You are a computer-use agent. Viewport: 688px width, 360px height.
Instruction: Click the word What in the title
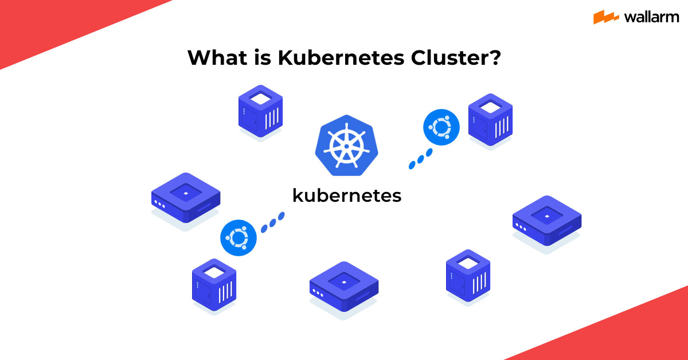coord(217,57)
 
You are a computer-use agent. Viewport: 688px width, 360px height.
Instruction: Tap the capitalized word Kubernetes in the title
coord(341,57)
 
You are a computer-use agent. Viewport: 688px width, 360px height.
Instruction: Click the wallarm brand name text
coord(651,17)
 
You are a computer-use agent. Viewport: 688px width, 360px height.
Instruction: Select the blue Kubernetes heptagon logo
coord(346,145)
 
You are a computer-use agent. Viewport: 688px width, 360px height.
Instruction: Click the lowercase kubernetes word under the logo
coord(347,195)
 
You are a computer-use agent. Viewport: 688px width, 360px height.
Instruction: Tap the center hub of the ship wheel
coord(346,146)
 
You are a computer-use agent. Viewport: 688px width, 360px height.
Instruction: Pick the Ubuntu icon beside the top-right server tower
coord(441,127)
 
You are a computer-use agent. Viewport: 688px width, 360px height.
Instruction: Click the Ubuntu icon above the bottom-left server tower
coord(239,238)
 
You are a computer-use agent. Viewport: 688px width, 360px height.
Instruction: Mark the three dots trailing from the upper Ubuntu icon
coord(420,159)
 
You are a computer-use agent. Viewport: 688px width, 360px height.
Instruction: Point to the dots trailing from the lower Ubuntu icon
coord(273,222)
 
